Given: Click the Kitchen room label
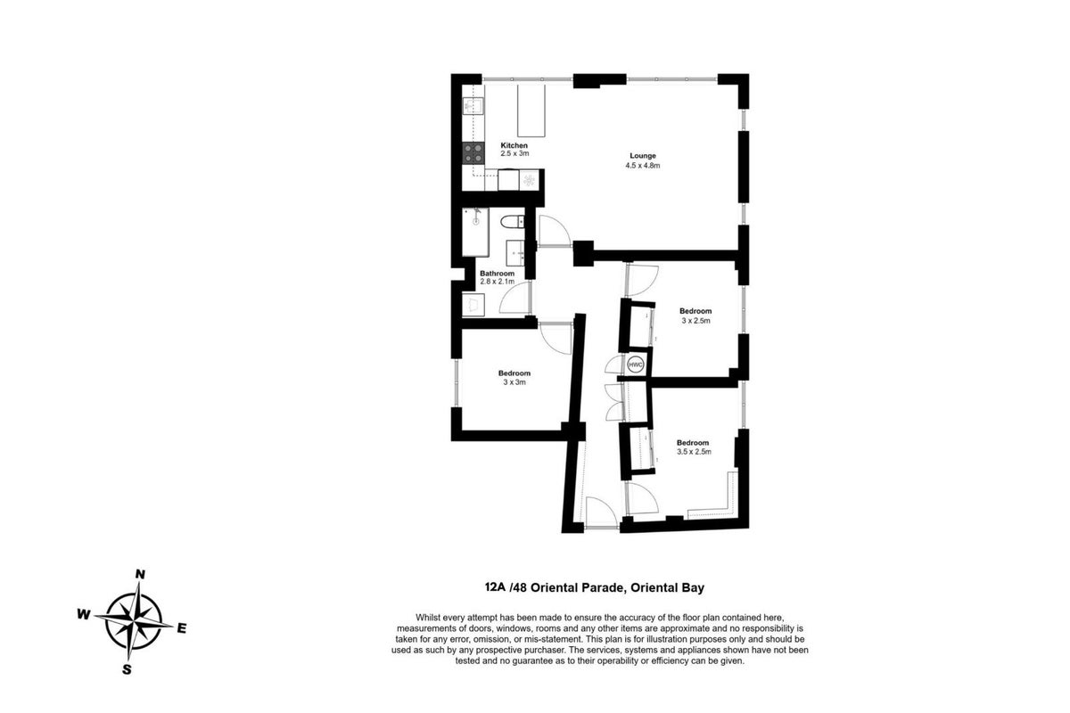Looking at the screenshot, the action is click(x=514, y=145).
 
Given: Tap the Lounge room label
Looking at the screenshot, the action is click(x=643, y=156).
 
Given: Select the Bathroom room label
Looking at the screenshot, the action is click(x=497, y=274).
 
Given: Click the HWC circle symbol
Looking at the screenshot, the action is click(x=635, y=365).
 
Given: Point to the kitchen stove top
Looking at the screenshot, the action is click(x=473, y=153).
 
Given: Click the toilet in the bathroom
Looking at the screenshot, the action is click(x=512, y=222).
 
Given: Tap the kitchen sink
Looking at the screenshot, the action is click(x=473, y=106).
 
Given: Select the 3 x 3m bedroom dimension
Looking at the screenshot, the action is click(x=514, y=382).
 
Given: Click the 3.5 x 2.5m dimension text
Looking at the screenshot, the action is click(x=694, y=452).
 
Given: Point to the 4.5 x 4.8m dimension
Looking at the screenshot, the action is click(x=643, y=166).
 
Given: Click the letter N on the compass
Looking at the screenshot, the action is click(x=140, y=575).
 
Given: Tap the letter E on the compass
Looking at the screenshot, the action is click(x=182, y=629).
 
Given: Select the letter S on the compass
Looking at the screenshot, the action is click(x=127, y=669).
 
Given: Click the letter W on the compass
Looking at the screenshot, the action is click(x=84, y=615).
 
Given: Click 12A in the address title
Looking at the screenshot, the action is click(x=495, y=587).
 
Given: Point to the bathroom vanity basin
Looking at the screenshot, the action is click(x=515, y=252).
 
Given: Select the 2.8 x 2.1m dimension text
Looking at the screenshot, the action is click(x=497, y=282).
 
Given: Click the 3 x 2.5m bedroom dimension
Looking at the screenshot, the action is click(x=695, y=321).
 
